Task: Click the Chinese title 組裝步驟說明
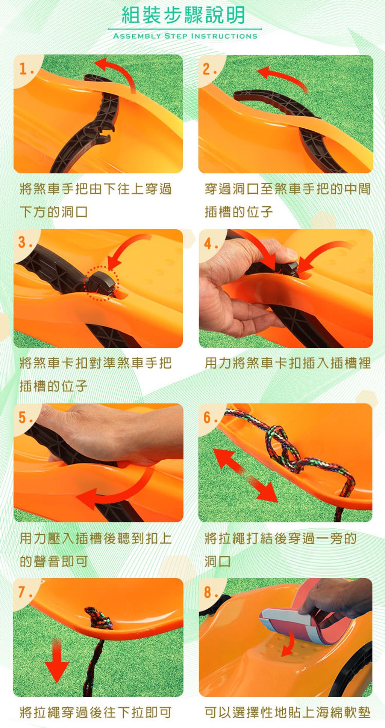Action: click(x=183, y=15)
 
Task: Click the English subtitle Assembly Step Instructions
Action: click(x=185, y=36)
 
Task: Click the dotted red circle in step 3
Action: click(x=101, y=283)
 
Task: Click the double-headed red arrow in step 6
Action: click(x=245, y=475)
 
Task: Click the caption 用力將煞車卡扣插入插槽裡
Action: click(x=288, y=363)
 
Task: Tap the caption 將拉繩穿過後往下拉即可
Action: click(x=96, y=712)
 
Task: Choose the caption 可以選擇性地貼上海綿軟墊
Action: click(x=288, y=712)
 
